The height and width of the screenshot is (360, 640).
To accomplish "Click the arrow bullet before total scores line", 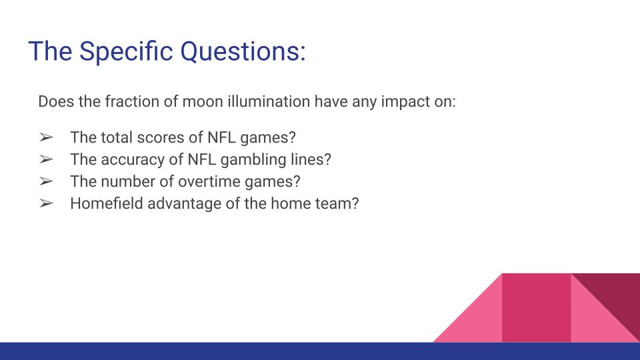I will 46,137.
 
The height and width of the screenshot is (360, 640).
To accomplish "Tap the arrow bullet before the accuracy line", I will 46,159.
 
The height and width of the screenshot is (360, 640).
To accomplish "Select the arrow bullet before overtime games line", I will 46,181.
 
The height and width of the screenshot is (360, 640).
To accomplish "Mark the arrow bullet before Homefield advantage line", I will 46,203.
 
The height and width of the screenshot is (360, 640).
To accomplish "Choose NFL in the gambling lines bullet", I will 203,159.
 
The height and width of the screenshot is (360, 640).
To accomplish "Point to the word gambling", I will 255,159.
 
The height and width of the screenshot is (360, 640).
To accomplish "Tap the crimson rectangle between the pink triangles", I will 536,307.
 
